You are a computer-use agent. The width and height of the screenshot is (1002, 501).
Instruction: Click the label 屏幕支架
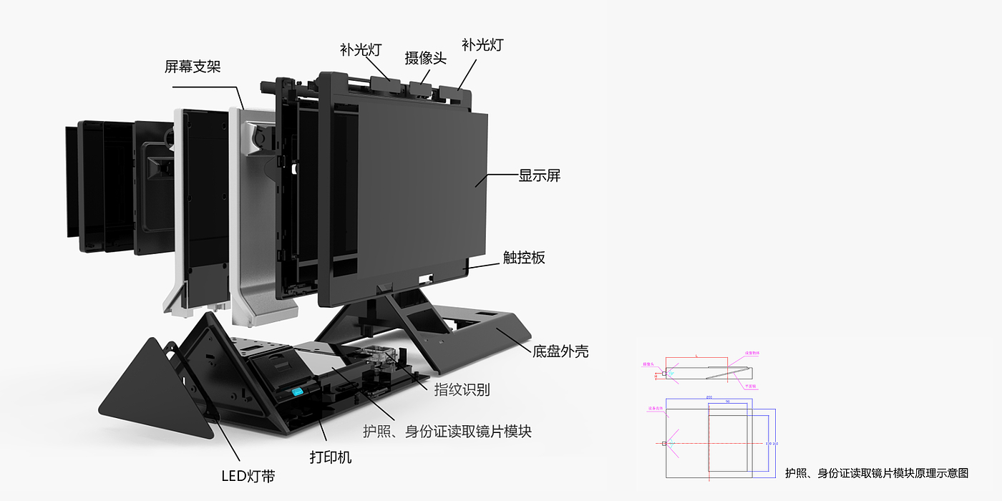[192, 67]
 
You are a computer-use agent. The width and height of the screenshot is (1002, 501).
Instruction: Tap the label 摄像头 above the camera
[425, 58]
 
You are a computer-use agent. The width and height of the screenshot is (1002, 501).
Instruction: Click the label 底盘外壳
[560, 351]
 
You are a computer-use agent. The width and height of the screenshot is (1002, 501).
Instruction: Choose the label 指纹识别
[462, 389]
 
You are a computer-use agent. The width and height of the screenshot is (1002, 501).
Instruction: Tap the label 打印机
[330, 457]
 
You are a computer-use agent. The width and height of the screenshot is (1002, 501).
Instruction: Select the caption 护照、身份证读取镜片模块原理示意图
[876, 473]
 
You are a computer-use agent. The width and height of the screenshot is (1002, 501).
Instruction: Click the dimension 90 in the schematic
[727, 402]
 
